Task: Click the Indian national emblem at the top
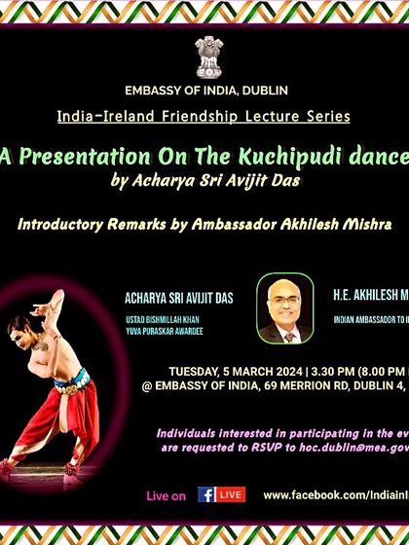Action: point(206,55)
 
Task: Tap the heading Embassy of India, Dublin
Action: point(205,91)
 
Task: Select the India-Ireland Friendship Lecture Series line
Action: point(204,117)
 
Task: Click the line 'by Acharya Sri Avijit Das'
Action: point(202,181)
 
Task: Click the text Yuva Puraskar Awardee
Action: point(165,332)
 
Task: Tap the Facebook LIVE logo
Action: point(221,495)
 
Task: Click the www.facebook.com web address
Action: point(334,495)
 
